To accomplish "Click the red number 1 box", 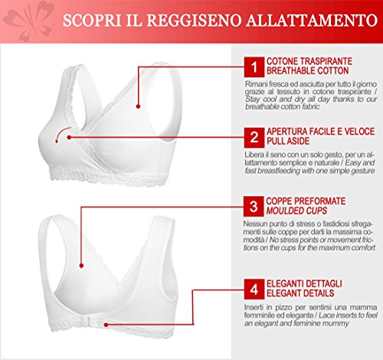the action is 254,67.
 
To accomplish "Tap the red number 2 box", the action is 254,138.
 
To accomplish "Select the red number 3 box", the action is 254,206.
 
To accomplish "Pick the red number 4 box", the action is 254,290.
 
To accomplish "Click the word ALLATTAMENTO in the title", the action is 312,20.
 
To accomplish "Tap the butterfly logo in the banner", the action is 28,21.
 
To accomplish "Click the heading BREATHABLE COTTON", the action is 307,70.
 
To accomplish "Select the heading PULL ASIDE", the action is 288,141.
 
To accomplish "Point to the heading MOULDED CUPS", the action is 296,211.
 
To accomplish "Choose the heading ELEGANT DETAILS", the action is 300,293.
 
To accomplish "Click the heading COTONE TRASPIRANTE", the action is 309,61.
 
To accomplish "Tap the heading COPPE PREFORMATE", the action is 306,201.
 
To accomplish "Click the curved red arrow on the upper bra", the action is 61,133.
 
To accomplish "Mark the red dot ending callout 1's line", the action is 138,106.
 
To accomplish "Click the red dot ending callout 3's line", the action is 81,266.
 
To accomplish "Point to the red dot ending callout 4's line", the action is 106,325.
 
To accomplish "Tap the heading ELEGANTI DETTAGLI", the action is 304,283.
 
